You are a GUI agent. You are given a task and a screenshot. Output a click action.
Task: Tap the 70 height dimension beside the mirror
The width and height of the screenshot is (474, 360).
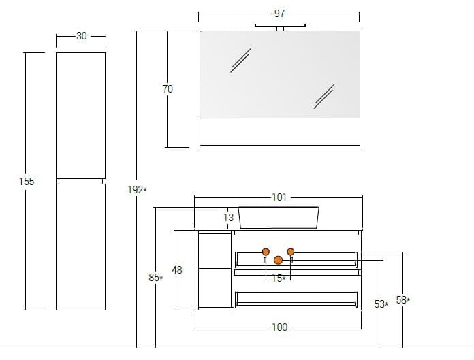[x=168, y=89]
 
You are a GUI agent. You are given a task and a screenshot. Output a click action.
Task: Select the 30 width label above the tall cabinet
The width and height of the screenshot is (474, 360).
[x=81, y=36]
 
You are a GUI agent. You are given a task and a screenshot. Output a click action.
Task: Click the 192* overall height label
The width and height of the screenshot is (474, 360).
[x=136, y=190]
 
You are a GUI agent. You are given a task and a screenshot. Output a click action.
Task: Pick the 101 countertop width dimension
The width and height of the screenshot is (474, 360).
[x=279, y=197]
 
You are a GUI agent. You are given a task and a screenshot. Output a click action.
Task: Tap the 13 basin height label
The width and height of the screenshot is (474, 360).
[x=228, y=218]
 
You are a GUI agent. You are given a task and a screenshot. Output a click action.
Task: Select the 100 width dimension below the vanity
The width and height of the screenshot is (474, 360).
[x=279, y=327]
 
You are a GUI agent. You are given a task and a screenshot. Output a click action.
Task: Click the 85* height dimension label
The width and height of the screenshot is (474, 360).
[x=156, y=278]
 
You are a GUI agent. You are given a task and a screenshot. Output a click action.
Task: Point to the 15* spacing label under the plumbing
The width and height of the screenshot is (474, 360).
[x=278, y=278]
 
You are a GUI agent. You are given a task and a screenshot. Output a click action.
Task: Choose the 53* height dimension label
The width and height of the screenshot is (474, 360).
[x=381, y=304]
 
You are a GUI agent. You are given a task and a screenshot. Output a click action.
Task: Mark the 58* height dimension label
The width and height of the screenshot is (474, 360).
[x=403, y=300]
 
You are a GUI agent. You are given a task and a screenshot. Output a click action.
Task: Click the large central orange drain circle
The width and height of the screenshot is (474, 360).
[x=278, y=260]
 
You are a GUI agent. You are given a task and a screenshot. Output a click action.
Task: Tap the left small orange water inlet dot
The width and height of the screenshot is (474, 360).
[x=266, y=252]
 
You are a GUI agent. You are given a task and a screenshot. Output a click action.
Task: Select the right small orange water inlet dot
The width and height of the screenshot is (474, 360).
[x=291, y=252]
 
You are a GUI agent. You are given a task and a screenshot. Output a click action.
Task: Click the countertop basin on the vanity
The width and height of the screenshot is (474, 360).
[x=279, y=217]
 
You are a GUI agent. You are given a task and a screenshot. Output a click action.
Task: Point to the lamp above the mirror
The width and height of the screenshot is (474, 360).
[x=280, y=27]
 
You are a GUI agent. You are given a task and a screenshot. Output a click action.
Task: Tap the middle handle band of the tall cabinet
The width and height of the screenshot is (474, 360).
[x=81, y=181]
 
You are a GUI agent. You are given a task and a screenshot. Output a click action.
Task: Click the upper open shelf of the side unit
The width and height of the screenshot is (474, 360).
[x=214, y=250]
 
